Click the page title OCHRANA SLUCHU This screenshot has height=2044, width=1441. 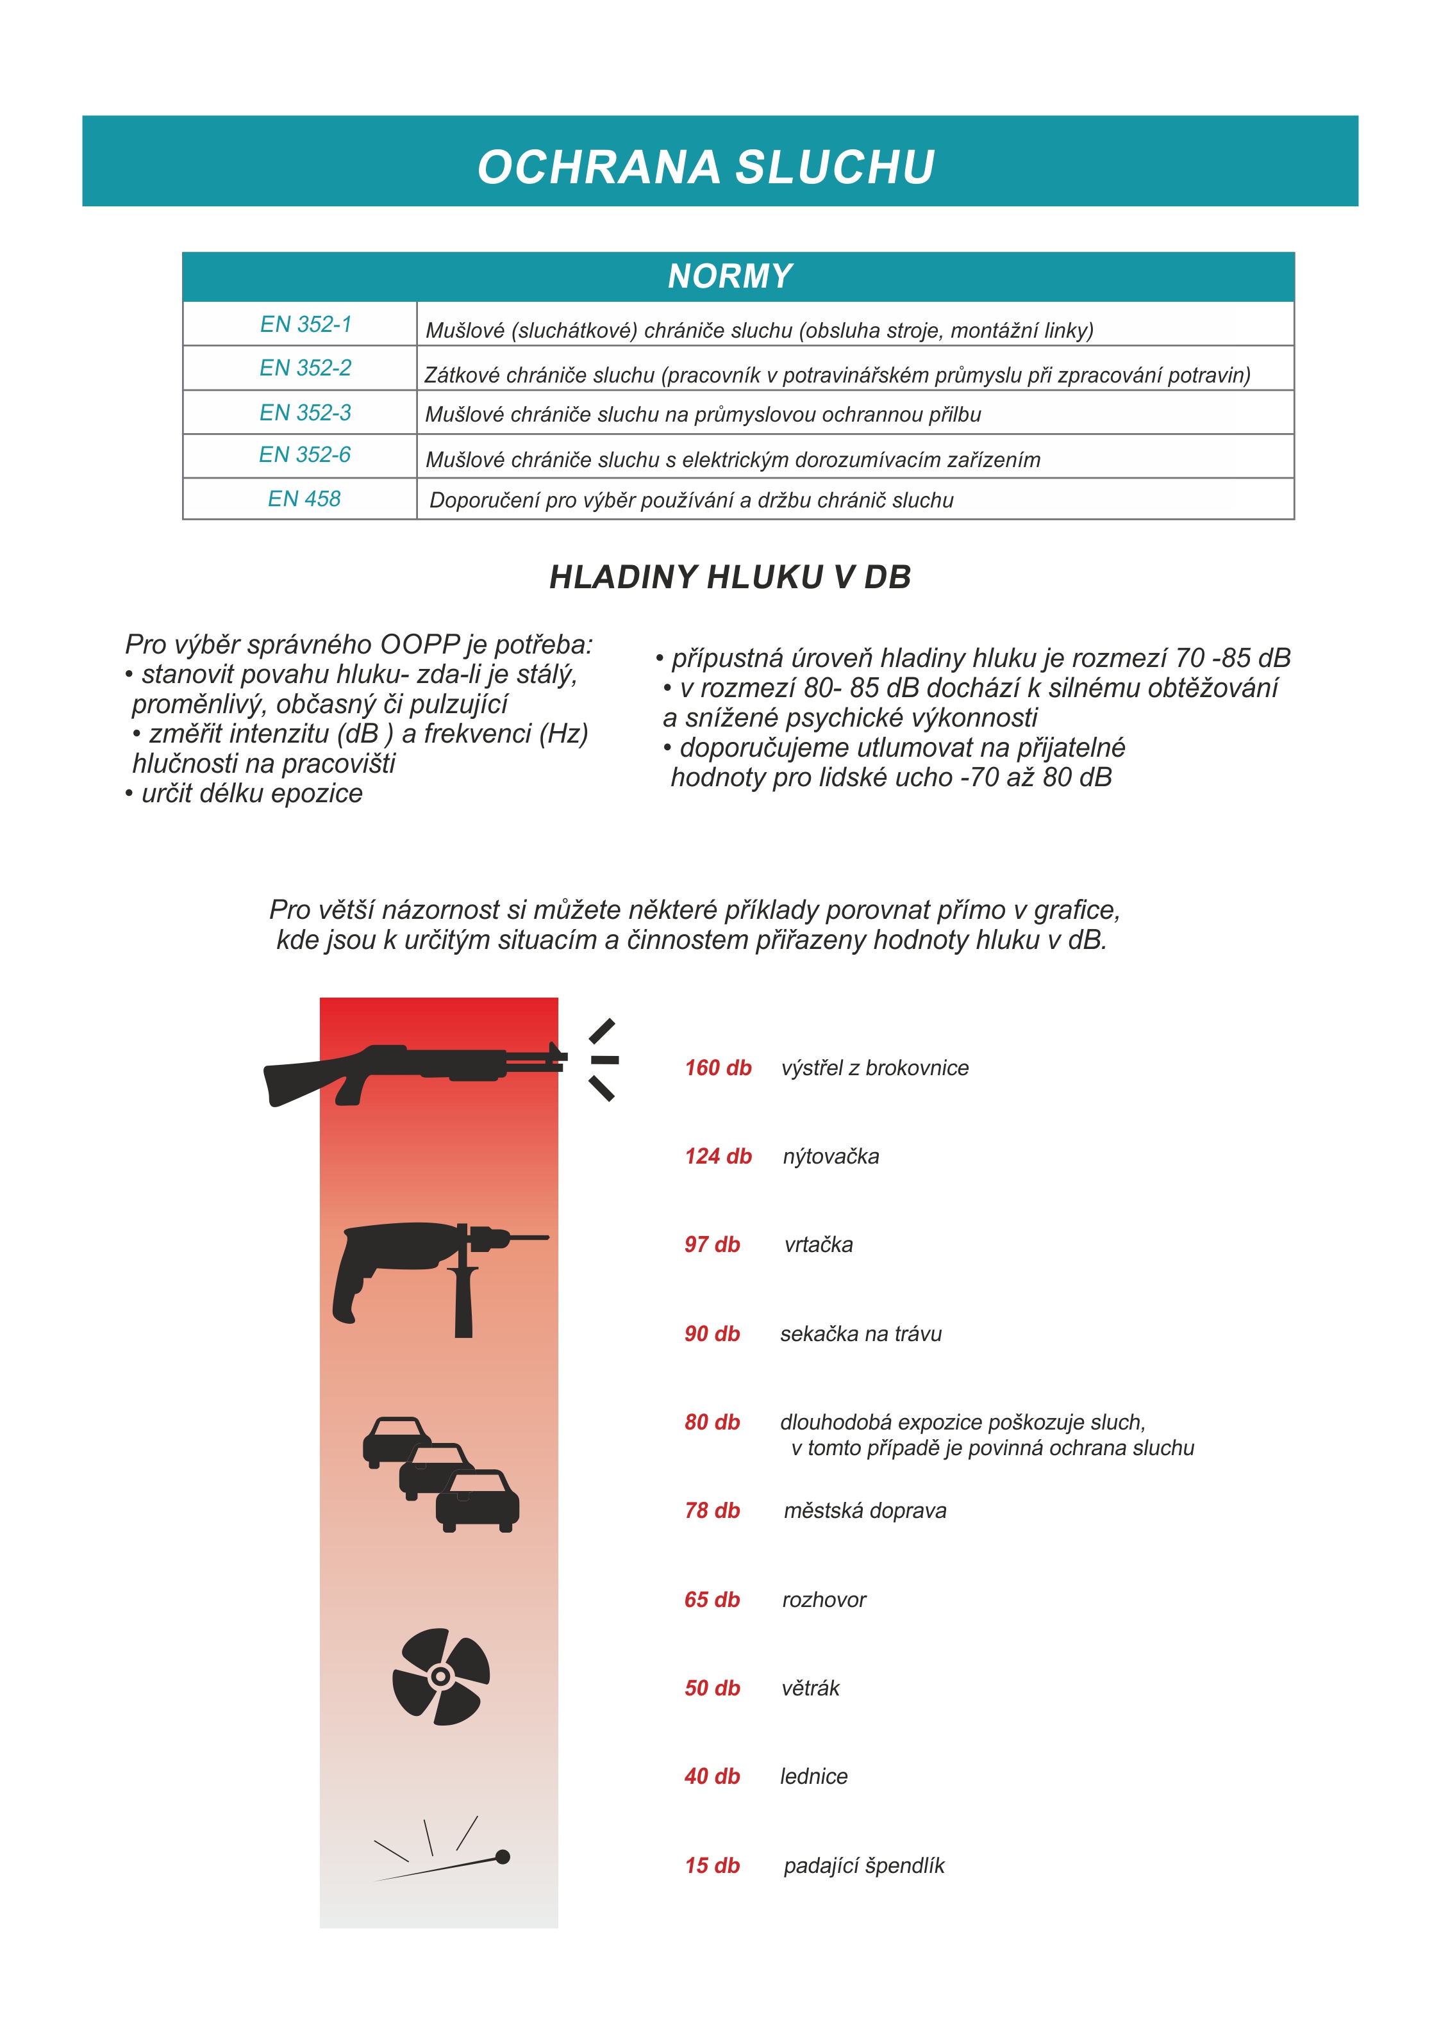[x=706, y=167]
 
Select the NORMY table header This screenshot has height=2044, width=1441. [x=730, y=276]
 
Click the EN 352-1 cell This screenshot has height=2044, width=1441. [x=306, y=324]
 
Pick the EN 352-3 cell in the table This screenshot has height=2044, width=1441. [x=306, y=412]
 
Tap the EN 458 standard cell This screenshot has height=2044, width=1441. [x=304, y=499]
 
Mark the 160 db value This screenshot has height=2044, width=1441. [x=718, y=1067]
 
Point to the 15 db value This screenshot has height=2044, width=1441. [x=712, y=1865]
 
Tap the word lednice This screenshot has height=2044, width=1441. [x=813, y=1776]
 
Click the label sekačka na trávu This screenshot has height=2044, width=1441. [x=860, y=1333]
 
